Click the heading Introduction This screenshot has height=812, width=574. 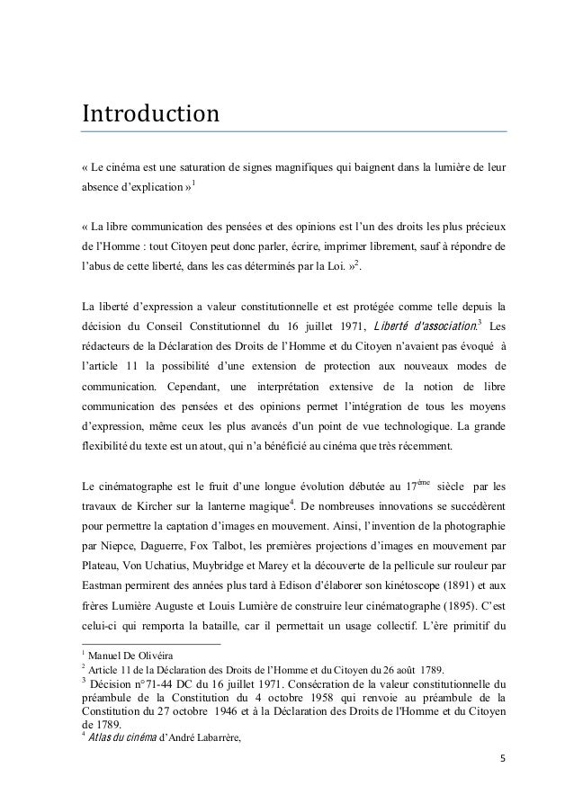[x=150, y=115]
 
